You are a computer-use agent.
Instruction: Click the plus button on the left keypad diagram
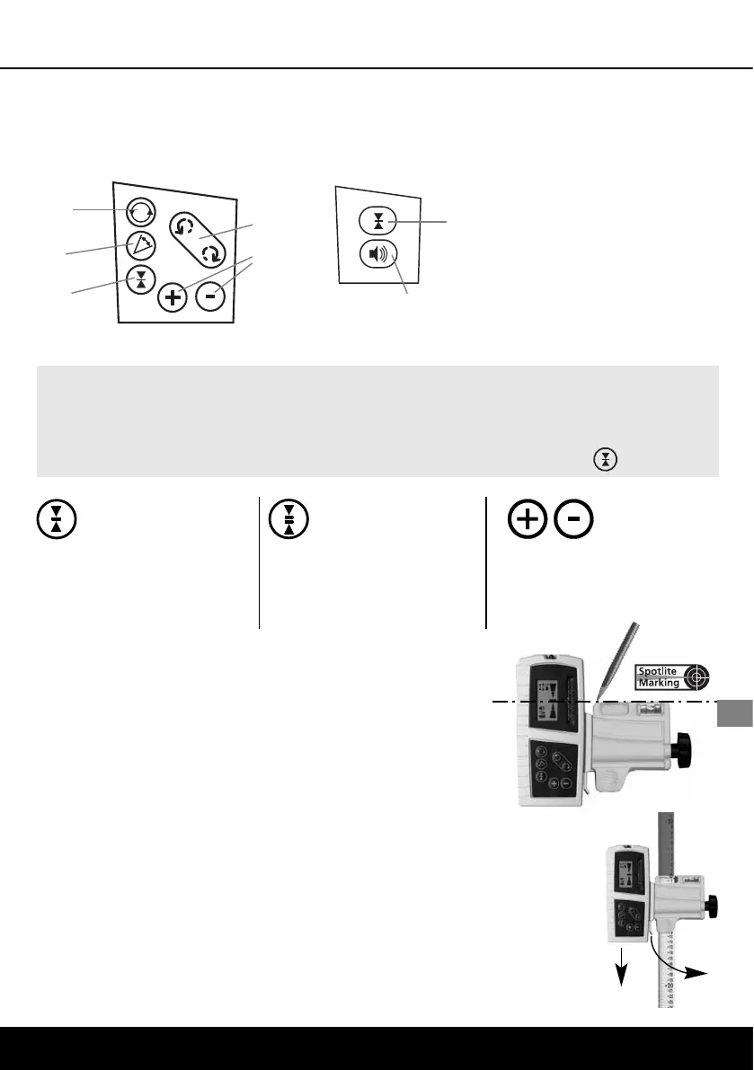pos(172,298)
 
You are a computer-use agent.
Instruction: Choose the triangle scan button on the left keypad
pos(140,244)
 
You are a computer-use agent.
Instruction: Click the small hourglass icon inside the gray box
pos(607,459)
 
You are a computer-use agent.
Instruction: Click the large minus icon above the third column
pos(571,518)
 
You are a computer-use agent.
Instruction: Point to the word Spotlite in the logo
pos(659,670)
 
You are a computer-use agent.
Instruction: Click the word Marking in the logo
pos(659,683)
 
